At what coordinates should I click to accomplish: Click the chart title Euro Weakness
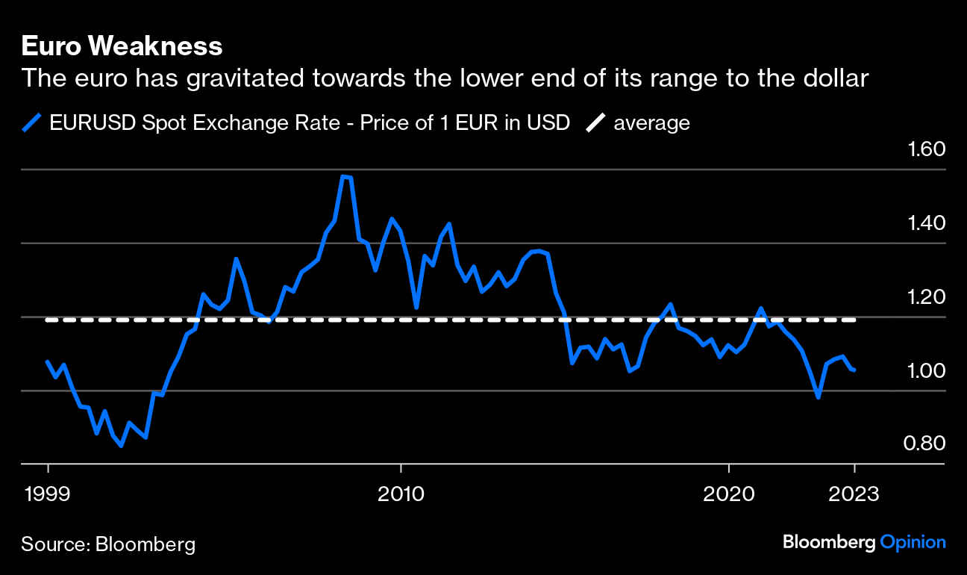(122, 47)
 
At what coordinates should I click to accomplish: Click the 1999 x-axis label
(48, 494)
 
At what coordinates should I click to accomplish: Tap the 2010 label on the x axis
(401, 494)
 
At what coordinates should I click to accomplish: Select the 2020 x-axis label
(728, 494)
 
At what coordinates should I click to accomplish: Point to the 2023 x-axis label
(854, 494)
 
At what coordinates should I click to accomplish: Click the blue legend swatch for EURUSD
(31, 122)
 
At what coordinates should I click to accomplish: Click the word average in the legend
(651, 122)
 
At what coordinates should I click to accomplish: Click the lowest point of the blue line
(121, 446)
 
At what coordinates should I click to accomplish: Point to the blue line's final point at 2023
(854, 370)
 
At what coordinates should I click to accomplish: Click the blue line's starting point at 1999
(48, 361)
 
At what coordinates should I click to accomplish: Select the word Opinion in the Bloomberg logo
(913, 542)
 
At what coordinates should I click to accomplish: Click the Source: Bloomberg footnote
(108, 544)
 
